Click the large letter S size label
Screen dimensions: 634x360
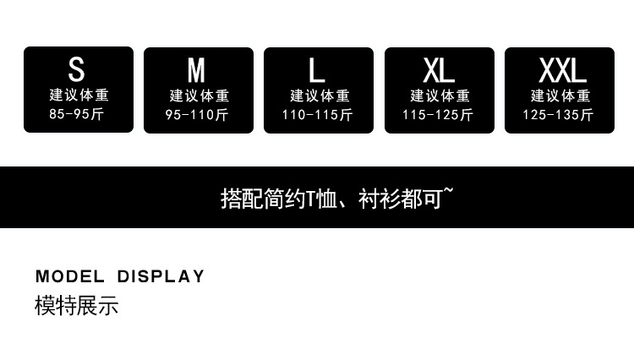click(x=77, y=69)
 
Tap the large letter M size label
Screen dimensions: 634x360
click(x=197, y=70)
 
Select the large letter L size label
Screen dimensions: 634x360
click(x=317, y=70)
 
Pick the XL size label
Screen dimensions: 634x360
click(x=439, y=70)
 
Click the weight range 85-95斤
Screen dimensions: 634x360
click(x=77, y=114)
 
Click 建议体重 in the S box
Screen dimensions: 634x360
click(x=78, y=95)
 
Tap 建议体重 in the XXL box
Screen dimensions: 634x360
click(x=559, y=95)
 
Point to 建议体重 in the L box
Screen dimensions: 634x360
click(x=319, y=95)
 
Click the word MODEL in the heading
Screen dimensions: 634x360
click(x=70, y=276)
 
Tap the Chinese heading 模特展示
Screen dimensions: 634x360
click(x=76, y=305)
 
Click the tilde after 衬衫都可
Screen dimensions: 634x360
click(x=448, y=193)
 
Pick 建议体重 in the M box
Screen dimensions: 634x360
click(x=199, y=95)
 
